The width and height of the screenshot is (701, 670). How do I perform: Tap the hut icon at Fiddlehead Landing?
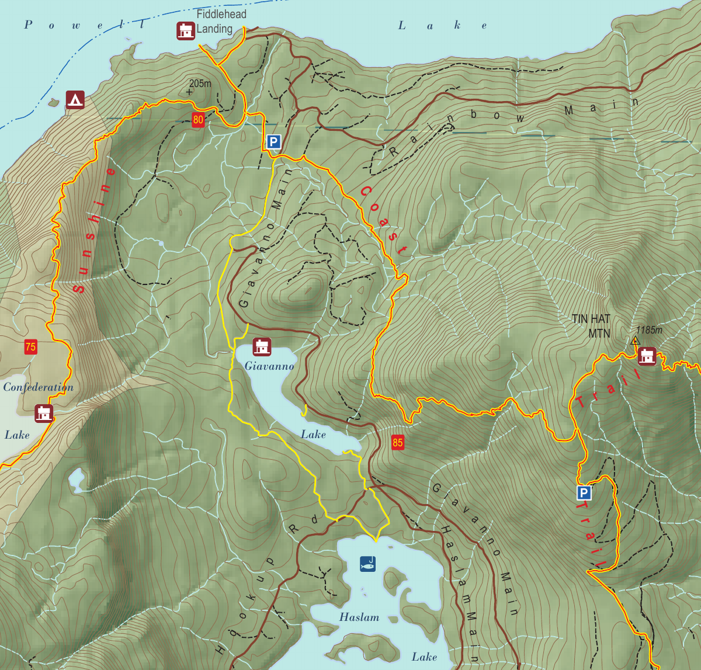point(186,30)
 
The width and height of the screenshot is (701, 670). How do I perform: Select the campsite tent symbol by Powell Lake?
point(75,100)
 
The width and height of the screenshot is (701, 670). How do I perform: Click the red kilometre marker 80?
point(198,120)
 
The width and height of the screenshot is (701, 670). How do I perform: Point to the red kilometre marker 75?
point(30,347)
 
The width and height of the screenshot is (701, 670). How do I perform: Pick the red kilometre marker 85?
point(398,442)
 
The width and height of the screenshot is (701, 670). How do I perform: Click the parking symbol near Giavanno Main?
point(273,141)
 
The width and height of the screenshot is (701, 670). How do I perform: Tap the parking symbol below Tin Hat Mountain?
point(584,494)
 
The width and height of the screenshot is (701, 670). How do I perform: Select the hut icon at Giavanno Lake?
point(262,346)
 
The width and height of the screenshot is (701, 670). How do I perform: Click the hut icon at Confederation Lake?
point(44,413)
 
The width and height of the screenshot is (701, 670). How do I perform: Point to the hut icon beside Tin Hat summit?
point(647,356)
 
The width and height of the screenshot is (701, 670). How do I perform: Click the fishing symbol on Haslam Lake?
point(367,564)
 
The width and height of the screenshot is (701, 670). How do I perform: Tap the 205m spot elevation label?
point(200,84)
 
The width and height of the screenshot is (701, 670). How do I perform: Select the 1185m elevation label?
point(650,330)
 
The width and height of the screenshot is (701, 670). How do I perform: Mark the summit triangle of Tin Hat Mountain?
point(636,340)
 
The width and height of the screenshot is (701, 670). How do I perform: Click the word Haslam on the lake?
point(359,617)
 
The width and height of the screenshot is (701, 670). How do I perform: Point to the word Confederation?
point(39,387)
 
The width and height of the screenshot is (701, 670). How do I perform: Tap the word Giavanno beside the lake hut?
point(269,366)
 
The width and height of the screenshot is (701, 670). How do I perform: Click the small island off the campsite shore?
point(54,103)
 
